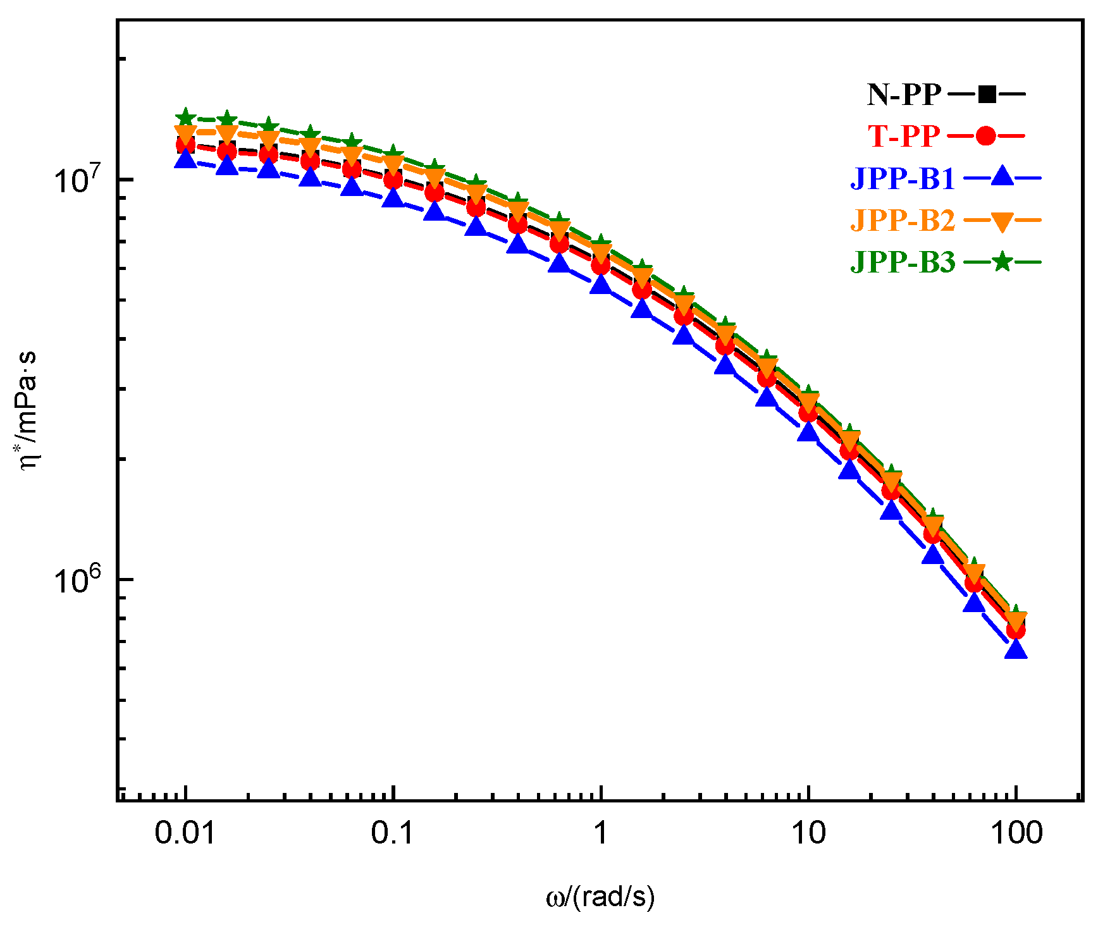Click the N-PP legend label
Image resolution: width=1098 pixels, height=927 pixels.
904,95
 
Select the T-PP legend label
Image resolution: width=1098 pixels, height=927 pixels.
903,136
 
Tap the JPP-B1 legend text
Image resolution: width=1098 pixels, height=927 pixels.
903,178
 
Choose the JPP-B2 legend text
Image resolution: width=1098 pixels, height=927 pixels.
903,220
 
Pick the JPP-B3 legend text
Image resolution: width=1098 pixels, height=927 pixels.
903,261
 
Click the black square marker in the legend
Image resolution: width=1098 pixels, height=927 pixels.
987,95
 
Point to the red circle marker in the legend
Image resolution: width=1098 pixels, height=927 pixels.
985,136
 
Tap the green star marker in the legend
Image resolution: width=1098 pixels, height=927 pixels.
1002,261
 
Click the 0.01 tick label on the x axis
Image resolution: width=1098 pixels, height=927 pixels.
185,833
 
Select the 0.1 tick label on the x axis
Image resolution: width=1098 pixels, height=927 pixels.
393,833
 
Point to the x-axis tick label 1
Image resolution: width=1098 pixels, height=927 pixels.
600,833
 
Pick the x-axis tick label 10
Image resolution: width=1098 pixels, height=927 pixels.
808,833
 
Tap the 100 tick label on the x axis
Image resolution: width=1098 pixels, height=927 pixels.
1016,833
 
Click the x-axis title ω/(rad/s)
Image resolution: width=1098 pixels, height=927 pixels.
600,897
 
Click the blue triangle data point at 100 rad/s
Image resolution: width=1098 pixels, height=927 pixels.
1016,649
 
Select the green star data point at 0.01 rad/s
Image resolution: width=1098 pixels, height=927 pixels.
185,117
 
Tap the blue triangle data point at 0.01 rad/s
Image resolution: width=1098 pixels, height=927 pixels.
185,159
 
